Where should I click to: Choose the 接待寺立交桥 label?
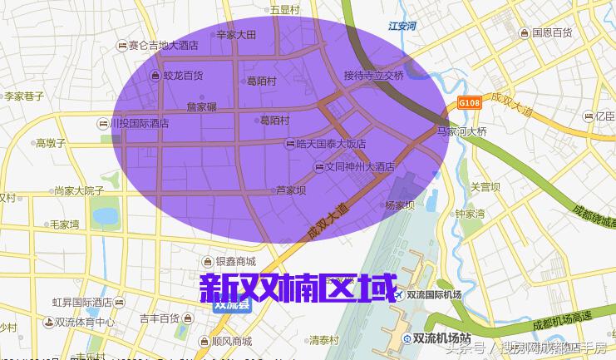click(x=373, y=75)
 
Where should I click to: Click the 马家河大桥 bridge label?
click(x=461, y=131)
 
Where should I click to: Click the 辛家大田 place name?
click(x=236, y=35)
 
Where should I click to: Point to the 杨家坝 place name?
click(x=400, y=205)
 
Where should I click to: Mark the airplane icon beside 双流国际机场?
click(x=400, y=295)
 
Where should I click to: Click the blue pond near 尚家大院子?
click(x=106, y=217)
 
